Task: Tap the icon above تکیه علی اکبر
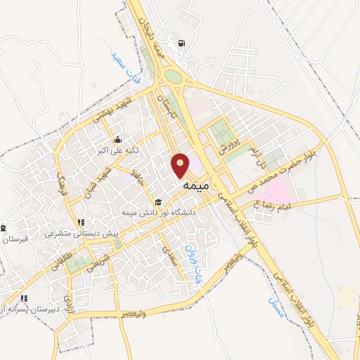click(x=118, y=138)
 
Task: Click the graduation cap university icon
click(x=157, y=202)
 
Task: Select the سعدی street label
click(x=169, y=252)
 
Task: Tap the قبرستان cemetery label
click(x=14, y=239)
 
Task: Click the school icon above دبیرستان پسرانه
click(x=25, y=298)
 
